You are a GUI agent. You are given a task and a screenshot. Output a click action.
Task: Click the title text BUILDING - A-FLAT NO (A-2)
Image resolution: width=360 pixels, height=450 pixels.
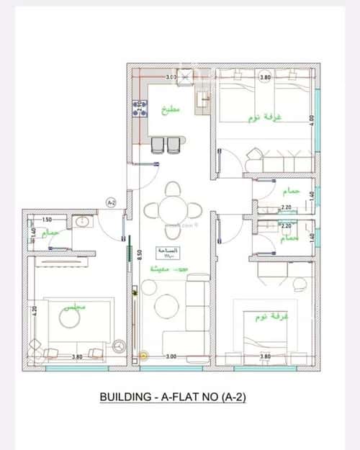point(173,397)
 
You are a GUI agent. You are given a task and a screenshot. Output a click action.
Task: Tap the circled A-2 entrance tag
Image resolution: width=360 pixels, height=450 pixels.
point(112,203)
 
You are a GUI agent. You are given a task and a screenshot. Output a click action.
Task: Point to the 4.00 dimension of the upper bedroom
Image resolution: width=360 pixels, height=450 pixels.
point(312,120)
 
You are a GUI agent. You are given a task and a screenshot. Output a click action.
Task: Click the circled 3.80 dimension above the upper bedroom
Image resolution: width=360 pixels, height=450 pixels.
point(265,77)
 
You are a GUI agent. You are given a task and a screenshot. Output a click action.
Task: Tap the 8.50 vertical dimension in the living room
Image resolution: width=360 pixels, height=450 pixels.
point(140,253)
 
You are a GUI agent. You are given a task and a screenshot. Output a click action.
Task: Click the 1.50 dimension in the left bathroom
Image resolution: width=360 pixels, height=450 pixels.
point(47,220)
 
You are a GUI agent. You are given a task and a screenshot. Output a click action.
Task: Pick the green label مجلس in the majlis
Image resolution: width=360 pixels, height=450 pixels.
point(74,307)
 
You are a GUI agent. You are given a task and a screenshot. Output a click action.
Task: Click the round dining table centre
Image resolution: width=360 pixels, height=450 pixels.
point(173,210)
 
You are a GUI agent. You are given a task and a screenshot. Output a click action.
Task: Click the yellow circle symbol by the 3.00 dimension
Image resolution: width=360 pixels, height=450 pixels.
point(143,355)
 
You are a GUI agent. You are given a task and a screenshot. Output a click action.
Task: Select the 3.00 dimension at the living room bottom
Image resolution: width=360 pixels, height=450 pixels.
point(171,356)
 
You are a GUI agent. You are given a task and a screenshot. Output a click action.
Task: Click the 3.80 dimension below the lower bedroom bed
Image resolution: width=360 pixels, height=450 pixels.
point(264,356)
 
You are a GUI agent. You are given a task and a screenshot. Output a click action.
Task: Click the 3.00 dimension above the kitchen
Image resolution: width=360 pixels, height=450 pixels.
point(171,77)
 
